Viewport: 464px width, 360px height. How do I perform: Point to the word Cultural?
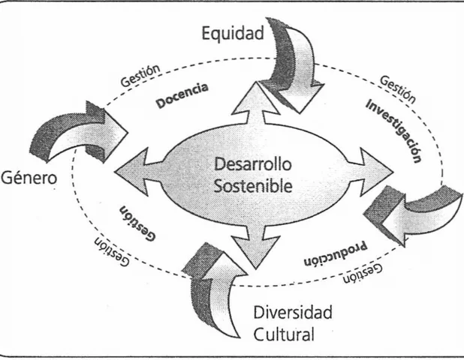click(282, 334)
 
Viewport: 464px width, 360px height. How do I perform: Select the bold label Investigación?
click(393, 127)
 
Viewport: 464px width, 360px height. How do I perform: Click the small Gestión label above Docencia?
click(140, 73)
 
